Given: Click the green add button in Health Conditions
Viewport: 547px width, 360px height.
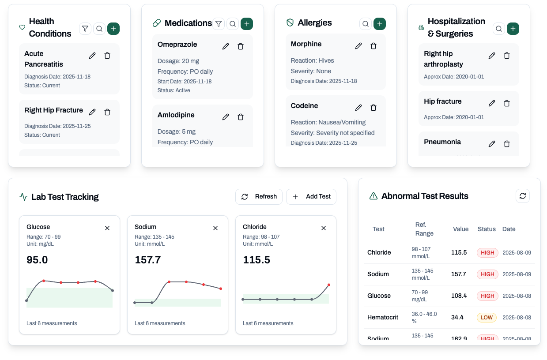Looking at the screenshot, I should click(113, 29).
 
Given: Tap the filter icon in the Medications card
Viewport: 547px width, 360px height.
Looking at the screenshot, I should click(219, 24).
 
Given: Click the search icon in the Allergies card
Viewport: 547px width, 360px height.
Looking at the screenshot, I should click(365, 24).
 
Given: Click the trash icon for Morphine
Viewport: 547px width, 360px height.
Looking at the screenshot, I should click(373, 46).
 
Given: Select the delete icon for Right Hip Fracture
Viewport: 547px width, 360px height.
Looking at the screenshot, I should click(107, 112).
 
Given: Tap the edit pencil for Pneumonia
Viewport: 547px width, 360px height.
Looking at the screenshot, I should click(492, 144).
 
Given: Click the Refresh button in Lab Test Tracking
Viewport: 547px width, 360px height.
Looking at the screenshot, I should click(259, 197).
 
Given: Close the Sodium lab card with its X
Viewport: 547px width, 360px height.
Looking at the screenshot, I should click(215, 228).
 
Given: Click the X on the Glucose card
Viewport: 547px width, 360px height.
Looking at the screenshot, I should click(107, 228).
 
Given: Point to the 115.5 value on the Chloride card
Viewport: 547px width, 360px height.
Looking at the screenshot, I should click(257, 260).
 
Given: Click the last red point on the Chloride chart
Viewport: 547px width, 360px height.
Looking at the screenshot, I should click(329, 285).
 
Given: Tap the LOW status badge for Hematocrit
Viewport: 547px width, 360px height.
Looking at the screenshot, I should click(487, 317).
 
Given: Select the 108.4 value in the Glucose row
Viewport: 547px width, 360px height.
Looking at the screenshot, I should click(459, 296).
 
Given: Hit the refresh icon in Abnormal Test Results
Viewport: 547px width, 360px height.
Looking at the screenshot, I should click(523, 196).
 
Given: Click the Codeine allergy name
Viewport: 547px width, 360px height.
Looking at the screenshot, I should click(304, 106).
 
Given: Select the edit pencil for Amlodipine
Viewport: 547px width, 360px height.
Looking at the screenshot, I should click(226, 117).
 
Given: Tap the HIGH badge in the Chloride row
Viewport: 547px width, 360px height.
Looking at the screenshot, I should click(487, 253).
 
